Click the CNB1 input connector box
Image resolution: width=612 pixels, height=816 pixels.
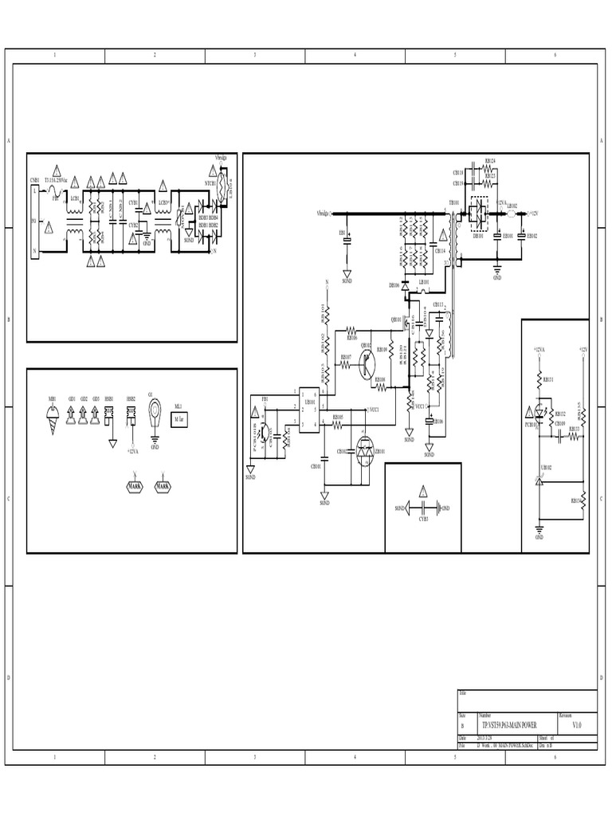(x=35, y=220)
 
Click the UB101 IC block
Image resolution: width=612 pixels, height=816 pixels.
(x=307, y=412)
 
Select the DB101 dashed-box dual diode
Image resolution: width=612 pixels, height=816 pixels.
(x=479, y=214)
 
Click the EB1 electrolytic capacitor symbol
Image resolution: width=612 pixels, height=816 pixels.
(x=347, y=240)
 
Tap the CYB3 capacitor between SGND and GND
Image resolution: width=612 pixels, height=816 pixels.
(x=424, y=507)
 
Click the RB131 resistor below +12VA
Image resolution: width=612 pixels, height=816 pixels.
(x=539, y=379)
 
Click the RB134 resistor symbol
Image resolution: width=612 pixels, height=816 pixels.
(x=583, y=500)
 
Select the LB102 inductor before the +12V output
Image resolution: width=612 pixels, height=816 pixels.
(x=510, y=214)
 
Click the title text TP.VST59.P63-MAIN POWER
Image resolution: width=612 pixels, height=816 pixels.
(x=508, y=725)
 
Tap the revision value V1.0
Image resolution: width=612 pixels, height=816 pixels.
(x=577, y=725)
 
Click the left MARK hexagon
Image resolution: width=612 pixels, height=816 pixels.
(x=131, y=485)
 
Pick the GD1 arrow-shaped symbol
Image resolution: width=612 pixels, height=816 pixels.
(x=72, y=413)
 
